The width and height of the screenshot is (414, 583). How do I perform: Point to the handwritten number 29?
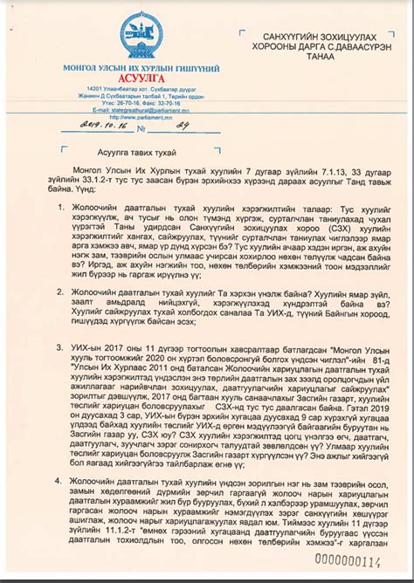[183, 124]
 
